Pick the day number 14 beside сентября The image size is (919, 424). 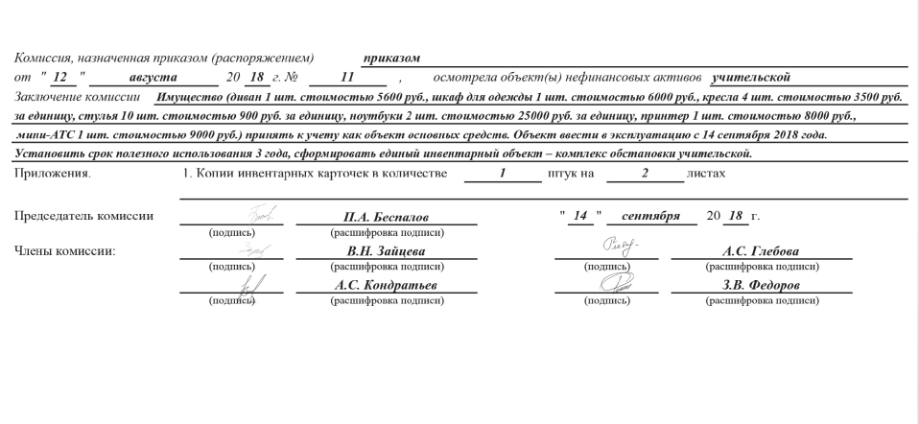578,215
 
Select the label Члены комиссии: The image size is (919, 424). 64,250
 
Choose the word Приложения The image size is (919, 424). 53,173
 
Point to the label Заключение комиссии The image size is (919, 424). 77,97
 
